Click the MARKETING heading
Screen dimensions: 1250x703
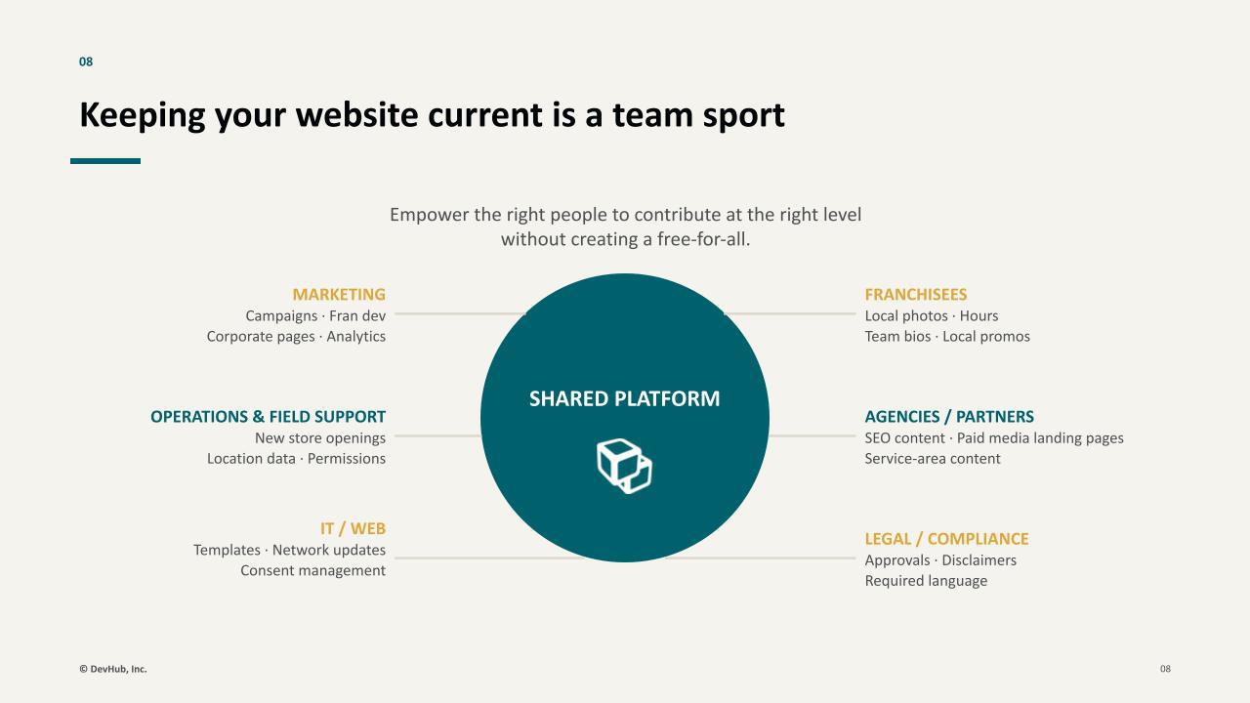click(339, 294)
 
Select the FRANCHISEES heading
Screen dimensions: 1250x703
click(916, 294)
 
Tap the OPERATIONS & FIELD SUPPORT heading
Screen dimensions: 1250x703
click(268, 416)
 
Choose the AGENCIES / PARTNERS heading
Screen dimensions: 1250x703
click(949, 416)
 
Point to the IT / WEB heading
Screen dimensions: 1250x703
click(353, 528)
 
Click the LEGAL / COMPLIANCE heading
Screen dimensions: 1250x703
click(946, 538)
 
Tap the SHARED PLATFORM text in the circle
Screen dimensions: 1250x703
click(624, 398)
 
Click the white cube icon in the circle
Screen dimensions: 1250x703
click(624, 466)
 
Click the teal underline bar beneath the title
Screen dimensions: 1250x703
click(105, 161)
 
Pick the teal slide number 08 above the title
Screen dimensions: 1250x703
click(86, 62)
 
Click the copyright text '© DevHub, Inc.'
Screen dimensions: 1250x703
click(113, 669)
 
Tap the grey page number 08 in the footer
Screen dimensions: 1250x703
click(1165, 669)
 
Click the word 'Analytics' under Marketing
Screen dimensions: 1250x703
click(356, 337)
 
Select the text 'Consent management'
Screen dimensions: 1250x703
click(313, 570)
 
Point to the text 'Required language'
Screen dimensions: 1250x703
click(926, 581)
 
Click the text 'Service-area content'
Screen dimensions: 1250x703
click(933, 458)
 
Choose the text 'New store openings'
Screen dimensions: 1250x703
click(320, 438)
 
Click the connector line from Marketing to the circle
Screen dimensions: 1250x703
click(460, 314)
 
